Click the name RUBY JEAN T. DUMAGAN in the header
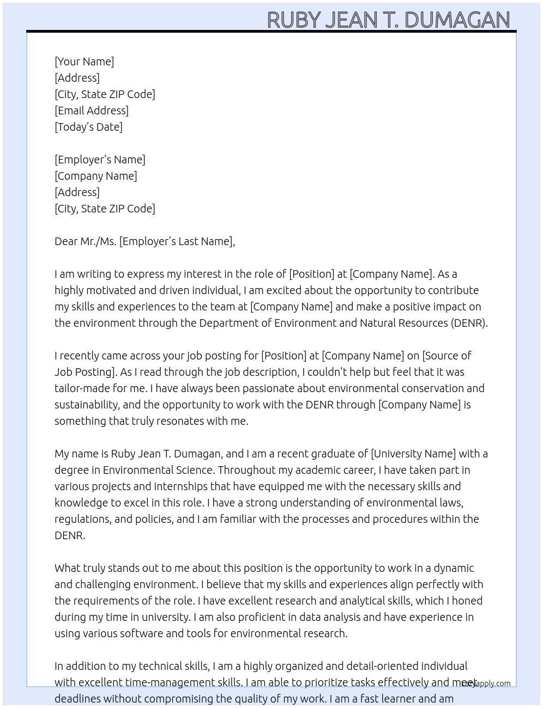pos(388,20)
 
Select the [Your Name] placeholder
pos(85,62)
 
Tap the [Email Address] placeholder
pos(92,111)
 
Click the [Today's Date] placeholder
pos(88,127)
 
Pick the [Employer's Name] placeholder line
pos(100,160)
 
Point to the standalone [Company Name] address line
pos(96,176)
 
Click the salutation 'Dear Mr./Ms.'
pos(86,241)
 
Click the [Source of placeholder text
pos(447,356)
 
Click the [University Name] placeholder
pos(413,454)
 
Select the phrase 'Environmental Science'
pos(158,470)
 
